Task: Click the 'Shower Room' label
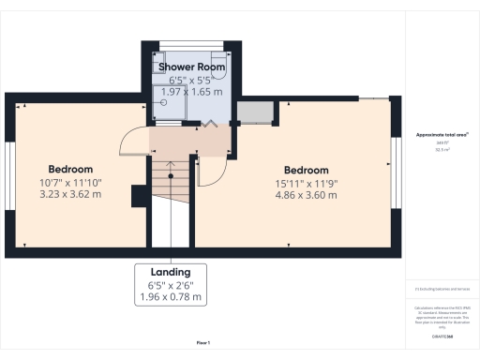point(190,67)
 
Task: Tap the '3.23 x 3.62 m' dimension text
point(70,194)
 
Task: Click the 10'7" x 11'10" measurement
point(70,182)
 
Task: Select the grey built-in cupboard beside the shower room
point(253,113)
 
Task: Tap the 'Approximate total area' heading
point(442,135)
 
